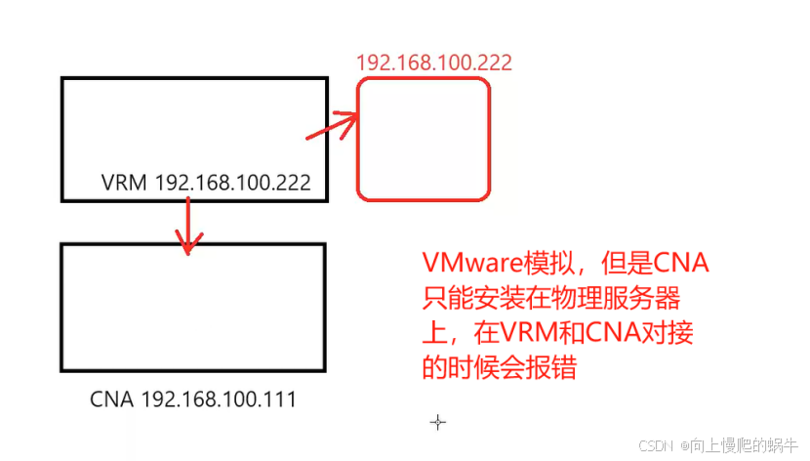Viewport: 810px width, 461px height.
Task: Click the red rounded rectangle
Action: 423,138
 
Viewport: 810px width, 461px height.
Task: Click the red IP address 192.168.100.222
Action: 434,63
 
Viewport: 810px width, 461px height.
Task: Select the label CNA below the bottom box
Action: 112,399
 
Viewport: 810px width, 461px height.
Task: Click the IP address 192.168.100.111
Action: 220,399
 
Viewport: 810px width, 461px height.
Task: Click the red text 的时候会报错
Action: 494,368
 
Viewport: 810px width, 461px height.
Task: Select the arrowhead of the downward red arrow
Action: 187,242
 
